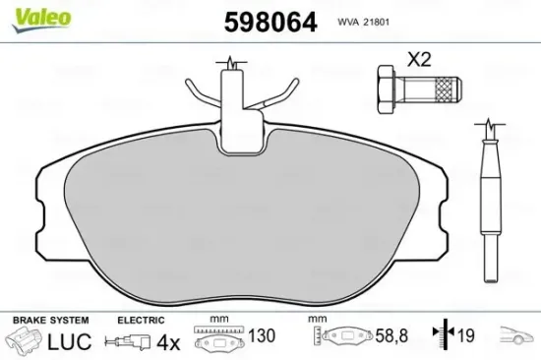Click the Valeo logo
point(26,14)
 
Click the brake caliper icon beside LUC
point(24,342)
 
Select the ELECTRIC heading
point(141,320)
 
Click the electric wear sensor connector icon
point(128,342)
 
